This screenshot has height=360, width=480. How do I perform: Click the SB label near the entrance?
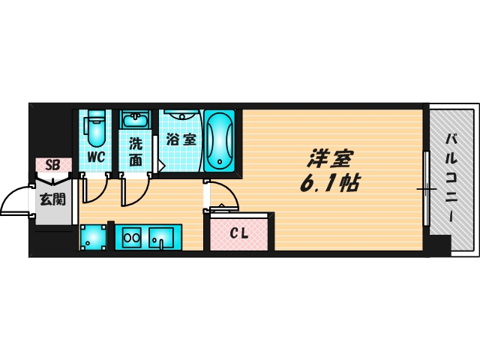click(x=52, y=165)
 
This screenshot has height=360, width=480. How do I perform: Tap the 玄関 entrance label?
click(x=52, y=199)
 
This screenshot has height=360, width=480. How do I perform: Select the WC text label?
click(x=96, y=157)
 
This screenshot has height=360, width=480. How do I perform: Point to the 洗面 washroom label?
click(x=135, y=151)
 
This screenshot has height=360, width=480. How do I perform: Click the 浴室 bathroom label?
click(x=181, y=139)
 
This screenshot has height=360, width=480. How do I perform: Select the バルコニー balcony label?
click(x=452, y=177)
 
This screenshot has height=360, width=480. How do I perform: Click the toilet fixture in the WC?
click(x=95, y=128)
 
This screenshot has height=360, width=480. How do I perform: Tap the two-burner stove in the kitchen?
click(x=132, y=238)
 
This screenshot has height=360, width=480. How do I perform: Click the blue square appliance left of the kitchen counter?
click(x=94, y=238)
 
